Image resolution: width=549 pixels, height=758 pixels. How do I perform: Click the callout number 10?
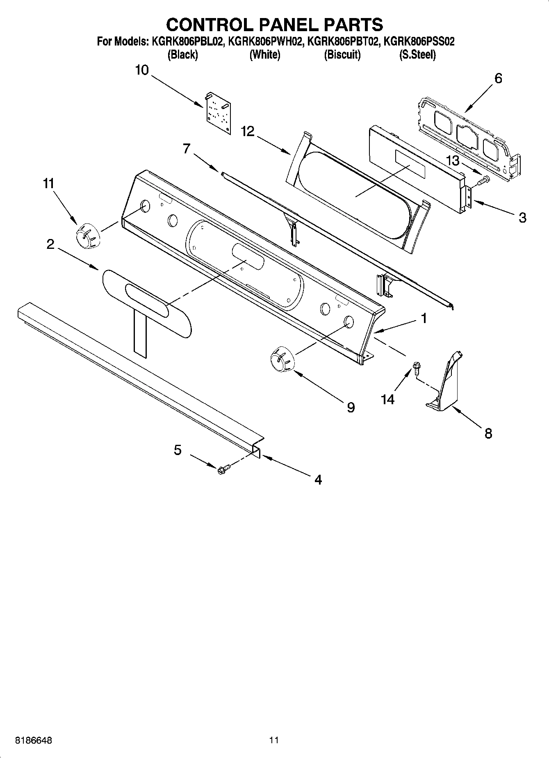pyautogui.click(x=142, y=70)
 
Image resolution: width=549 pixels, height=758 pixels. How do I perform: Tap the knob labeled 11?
pyautogui.click(x=87, y=236)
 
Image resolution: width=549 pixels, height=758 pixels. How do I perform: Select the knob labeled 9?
pyautogui.click(x=282, y=360)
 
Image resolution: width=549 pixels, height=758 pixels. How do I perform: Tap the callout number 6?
pyautogui.click(x=498, y=78)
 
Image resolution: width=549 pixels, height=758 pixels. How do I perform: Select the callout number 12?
pyautogui.click(x=248, y=132)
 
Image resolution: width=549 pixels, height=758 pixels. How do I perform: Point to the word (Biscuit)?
pyautogui.click(x=342, y=55)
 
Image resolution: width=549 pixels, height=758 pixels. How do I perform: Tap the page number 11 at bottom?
pyautogui.click(x=274, y=740)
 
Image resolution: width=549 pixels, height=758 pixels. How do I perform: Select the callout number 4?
pyautogui.click(x=318, y=479)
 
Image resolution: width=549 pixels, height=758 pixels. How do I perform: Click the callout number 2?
pyautogui.click(x=50, y=245)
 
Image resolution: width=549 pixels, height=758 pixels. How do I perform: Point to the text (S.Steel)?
pyautogui.click(x=417, y=55)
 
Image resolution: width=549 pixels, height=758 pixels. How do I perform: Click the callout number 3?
pyautogui.click(x=522, y=217)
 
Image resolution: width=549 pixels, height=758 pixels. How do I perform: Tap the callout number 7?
pyautogui.click(x=187, y=148)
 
